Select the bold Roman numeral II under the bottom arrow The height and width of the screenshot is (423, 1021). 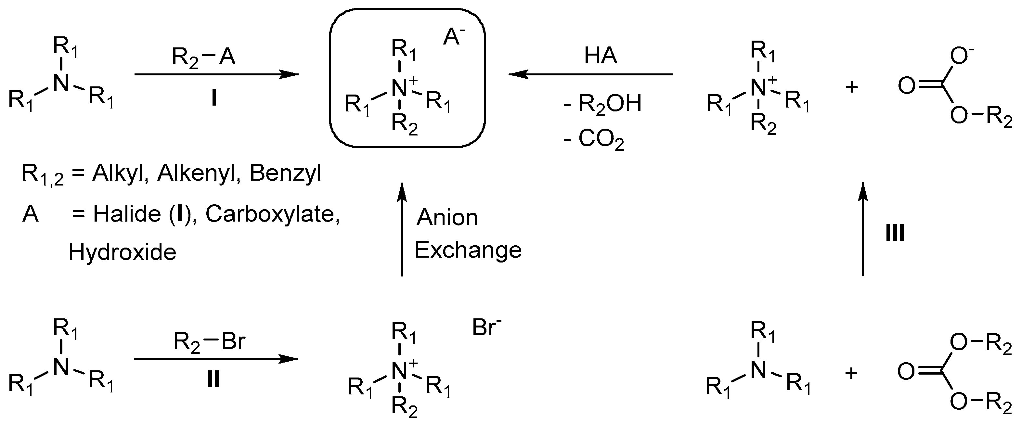(213, 380)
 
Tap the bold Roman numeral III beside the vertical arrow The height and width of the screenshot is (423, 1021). (895, 232)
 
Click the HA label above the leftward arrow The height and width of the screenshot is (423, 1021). (601, 56)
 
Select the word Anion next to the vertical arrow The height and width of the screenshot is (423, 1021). (447, 218)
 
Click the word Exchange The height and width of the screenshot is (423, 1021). (468, 250)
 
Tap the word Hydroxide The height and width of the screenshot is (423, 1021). (123, 252)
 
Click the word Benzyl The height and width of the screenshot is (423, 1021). (285, 173)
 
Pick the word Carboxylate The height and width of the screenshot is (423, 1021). (273, 214)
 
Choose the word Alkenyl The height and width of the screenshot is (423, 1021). (196, 173)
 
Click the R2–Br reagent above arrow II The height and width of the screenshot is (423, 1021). (209, 342)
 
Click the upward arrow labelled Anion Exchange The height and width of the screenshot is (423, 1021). (402, 230)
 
